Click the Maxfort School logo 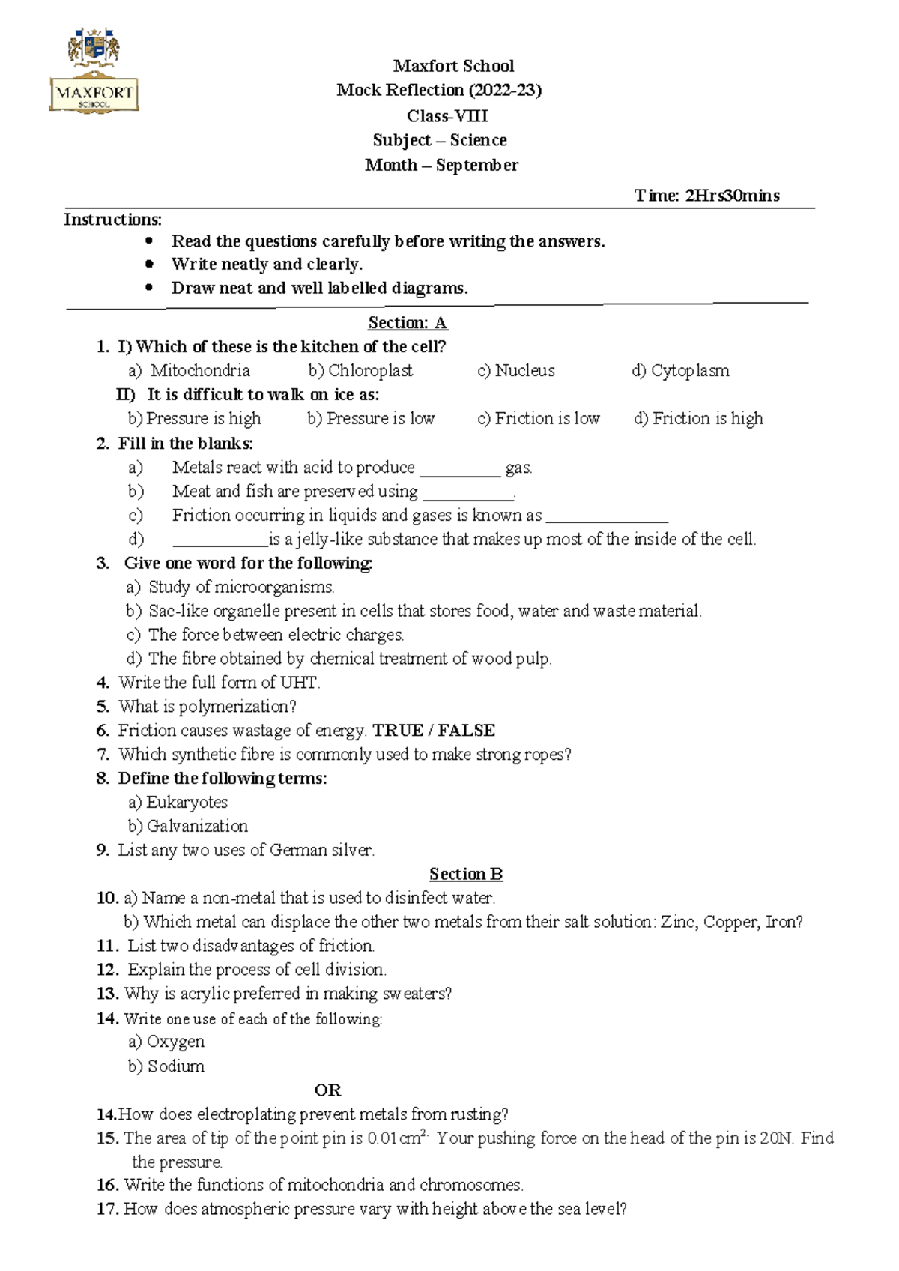click(x=94, y=71)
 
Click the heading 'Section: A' click(x=407, y=323)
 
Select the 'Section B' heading click(x=465, y=874)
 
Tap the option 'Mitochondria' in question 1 click(x=200, y=370)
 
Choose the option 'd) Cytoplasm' click(x=680, y=370)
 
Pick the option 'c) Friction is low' click(x=539, y=418)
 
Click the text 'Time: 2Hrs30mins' click(x=706, y=196)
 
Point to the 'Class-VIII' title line click(x=447, y=116)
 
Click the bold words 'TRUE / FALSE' click(x=434, y=731)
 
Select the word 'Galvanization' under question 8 click(x=197, y=826)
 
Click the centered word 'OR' click(x=327, y=1090)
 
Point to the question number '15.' click(x=108, y=1138)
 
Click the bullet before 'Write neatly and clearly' click(x=150, y=264)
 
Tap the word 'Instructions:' click(x=112, y=220)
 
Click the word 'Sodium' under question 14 click(x=175, y=1066)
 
